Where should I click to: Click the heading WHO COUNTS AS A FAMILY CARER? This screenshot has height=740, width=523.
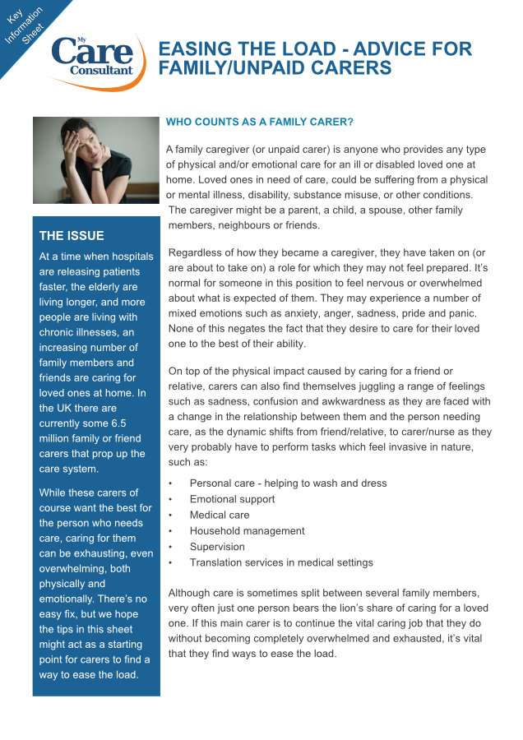[x=260, y=122]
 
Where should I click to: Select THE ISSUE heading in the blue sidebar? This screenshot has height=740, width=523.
[x=72, y=236]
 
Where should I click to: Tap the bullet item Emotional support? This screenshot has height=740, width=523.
[x=232, y=499]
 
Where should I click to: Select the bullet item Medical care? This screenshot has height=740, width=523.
[x=219, y=515]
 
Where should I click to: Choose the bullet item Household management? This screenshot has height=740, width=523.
[x=247, y=531]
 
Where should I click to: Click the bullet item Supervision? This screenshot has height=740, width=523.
[x=217, y=547]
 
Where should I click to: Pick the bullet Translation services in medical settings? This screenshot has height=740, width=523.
[x=281, y=563]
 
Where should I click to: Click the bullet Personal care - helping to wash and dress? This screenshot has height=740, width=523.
[x=288, y=483]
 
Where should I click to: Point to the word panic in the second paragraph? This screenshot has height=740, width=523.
[x=466, y=314]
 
